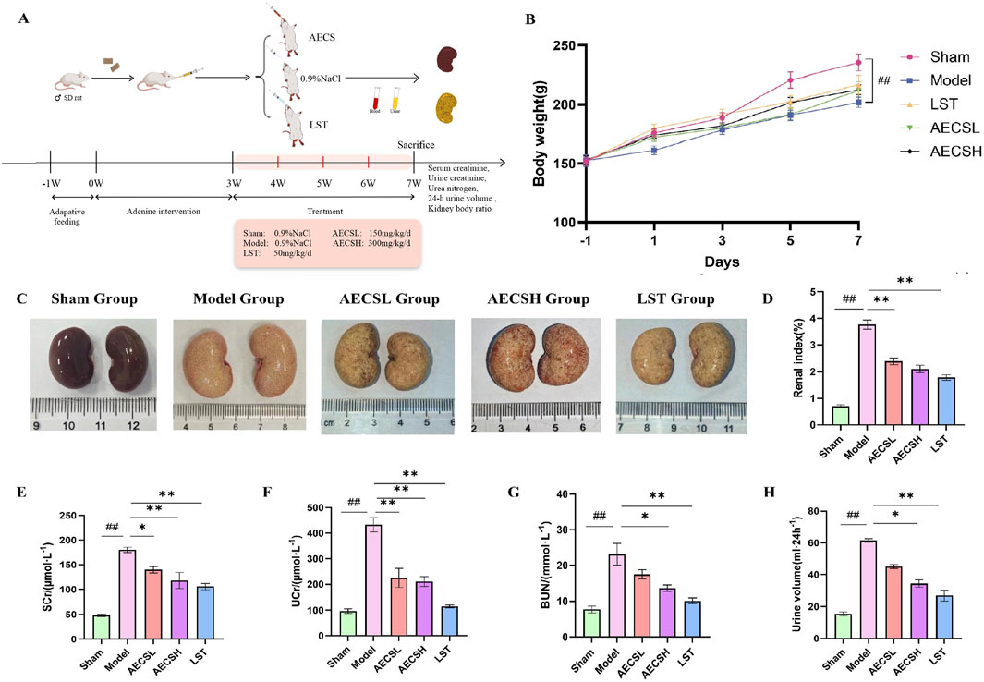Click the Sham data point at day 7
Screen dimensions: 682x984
[858, 63]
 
